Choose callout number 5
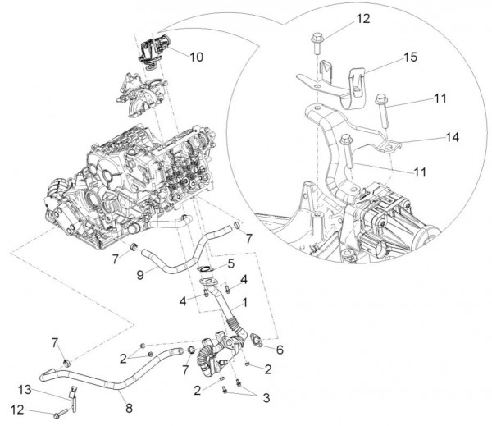230,263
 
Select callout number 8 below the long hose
129,382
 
